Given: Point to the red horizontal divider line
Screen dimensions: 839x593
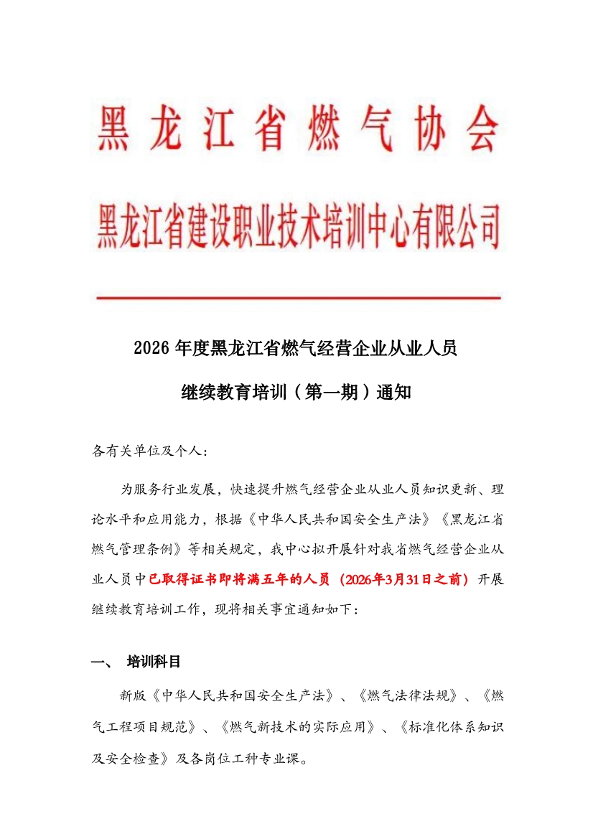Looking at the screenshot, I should click(x=297, y=296).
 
